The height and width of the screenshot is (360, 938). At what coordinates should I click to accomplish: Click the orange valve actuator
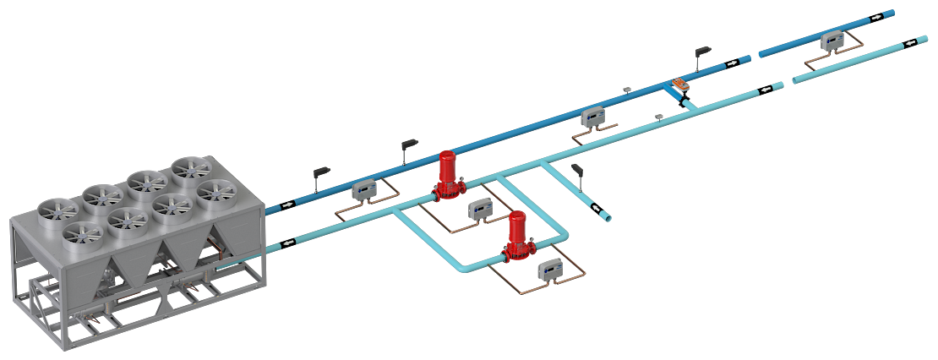click(x=680, y=84)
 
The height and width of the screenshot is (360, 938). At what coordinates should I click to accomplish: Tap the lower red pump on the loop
click(x=515, y=237)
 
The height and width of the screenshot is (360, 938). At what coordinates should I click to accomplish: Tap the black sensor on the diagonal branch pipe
click(x=578, y=171)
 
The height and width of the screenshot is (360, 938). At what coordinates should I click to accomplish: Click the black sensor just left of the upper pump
click(x=409, y=146)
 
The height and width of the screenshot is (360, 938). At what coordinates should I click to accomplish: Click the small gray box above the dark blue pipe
click(x=627, y=88)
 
